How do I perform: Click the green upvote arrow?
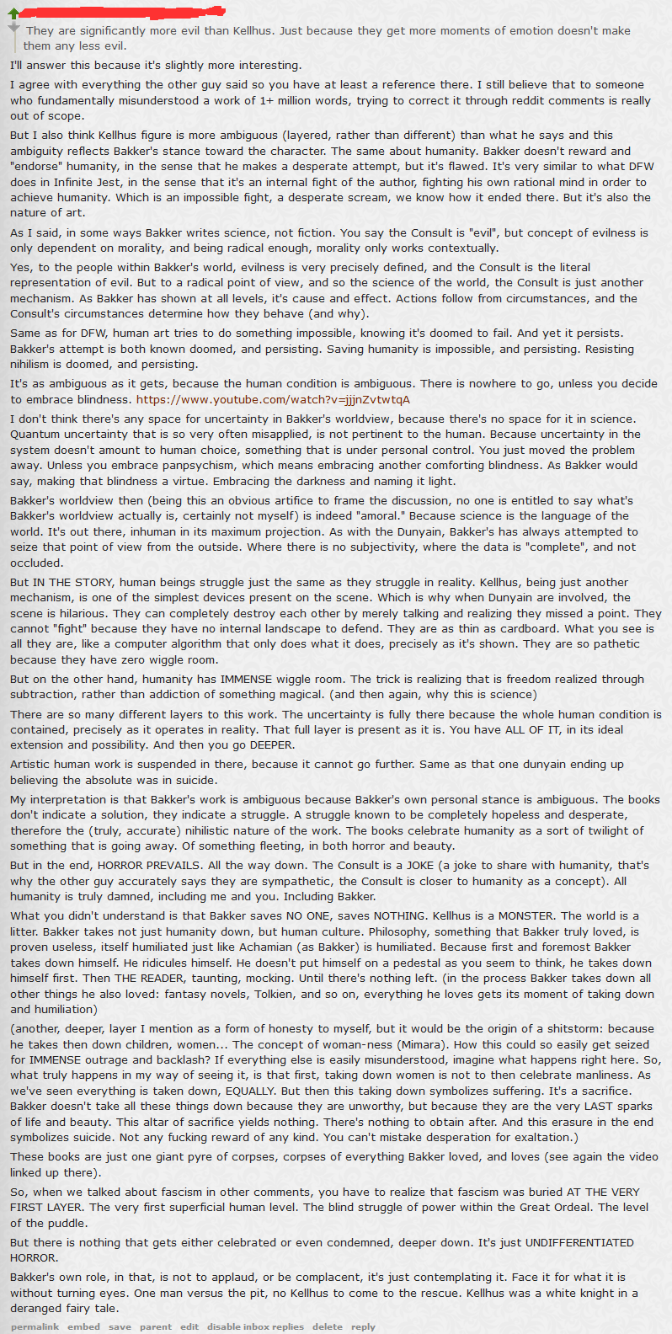point(13,13)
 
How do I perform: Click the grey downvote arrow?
point(13,29)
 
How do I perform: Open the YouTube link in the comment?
point(273,399)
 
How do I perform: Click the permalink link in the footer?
point(35,1326)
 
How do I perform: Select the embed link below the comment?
point(83,1326)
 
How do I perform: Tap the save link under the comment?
point(120,1326)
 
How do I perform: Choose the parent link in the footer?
point(156,1326)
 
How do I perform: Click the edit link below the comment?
point(189,1326)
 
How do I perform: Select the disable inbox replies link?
point(255,1326)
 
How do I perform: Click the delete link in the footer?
point(328,1326)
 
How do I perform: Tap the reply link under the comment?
point(363,1326)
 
